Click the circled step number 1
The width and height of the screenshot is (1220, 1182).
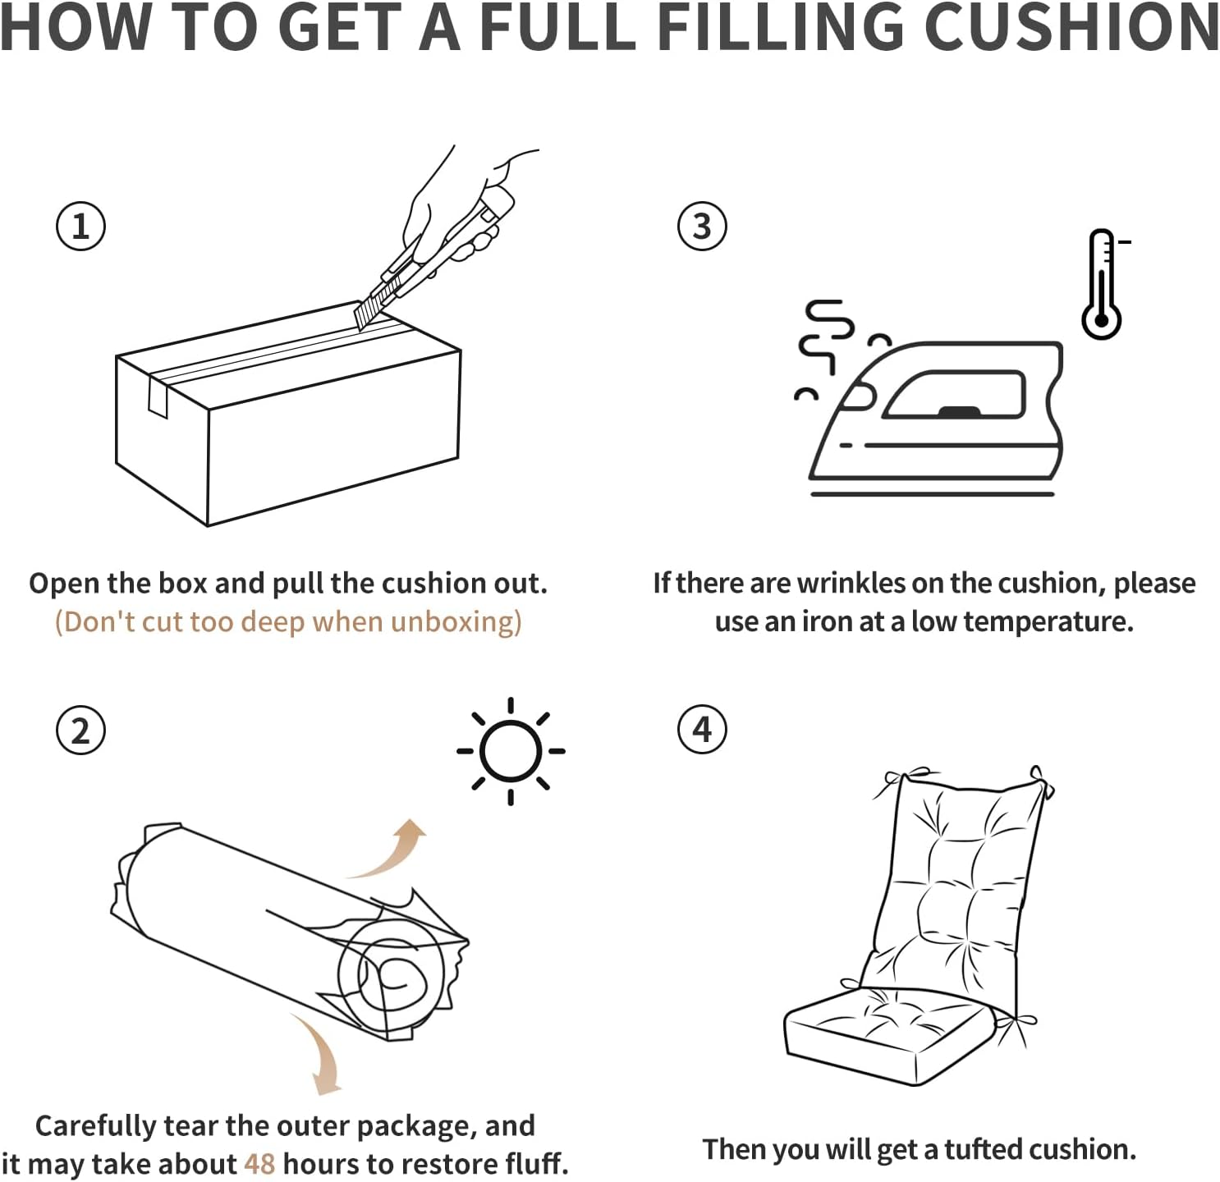(80, 227)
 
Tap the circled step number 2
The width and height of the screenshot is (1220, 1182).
(80, 730)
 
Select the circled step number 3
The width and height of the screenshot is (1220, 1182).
(702, 227)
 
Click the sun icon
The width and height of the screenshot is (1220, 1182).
(511, 751)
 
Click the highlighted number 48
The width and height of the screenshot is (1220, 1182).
(259, 1164)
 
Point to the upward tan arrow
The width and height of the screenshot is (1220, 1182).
(394, 850)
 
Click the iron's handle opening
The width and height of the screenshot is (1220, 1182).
(956, 395)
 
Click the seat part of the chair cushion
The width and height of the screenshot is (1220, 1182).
(887, 1034)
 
